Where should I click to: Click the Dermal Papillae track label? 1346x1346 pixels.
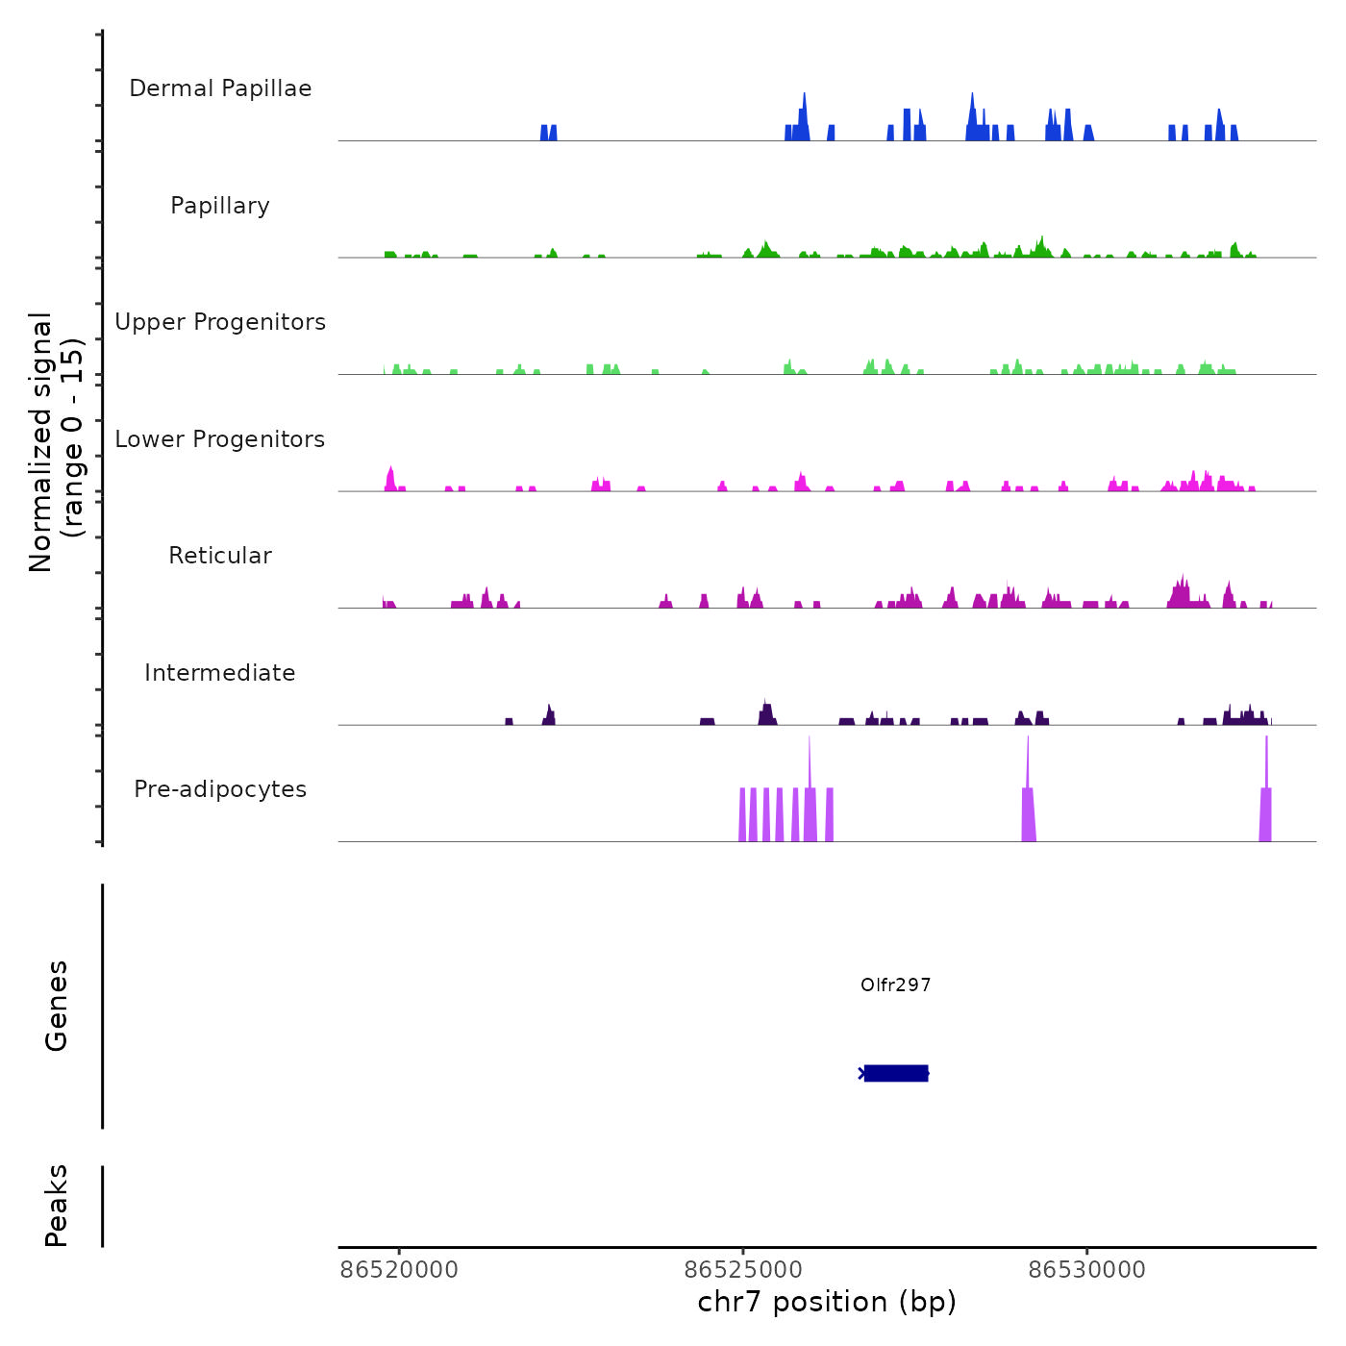click(x=220, y=88)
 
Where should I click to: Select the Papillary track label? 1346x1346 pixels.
click(x=220, y=206)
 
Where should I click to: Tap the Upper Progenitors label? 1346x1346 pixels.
click(x=220, y=322)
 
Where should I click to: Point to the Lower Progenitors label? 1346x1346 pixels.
click(x=220, y=439)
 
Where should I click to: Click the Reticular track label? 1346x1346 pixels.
click(x=220, y=556)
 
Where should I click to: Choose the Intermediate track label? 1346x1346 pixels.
click(x=220, y=673)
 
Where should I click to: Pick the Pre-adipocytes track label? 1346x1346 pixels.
click(x=220, y=789)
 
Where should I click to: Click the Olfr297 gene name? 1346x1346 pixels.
click(x=895, y=985)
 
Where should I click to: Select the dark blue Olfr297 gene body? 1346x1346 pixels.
click(x=896, y=1073)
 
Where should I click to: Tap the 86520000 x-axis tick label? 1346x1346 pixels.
click(x=399, y=1270)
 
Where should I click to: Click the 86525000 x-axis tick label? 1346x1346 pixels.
click(x=743, y=1270)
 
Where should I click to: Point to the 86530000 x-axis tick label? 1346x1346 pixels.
click(x=1086, y=1270)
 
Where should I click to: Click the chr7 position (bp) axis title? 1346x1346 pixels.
click(x=827, y=1302)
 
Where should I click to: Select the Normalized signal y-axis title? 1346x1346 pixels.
click(x=56, y=441)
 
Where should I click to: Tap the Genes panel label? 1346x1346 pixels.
click(x=57, y=1006)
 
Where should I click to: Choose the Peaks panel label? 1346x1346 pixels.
click(x=57, y=1206)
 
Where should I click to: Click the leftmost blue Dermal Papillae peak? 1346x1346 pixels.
click(x=549, y=133)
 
